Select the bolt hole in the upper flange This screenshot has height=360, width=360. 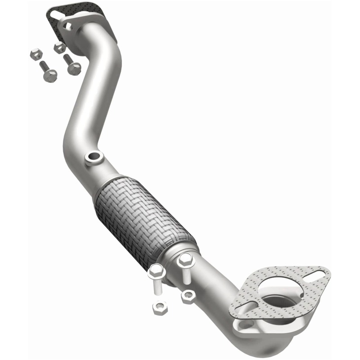pyautogui.click(x=69, y=26)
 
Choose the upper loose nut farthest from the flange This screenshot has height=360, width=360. pyautogui.click(x=35, y=54)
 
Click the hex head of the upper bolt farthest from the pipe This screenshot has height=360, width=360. pyautogui.click(x=49, y=75)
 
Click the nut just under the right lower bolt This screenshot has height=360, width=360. pyautogui.click(x=188, y=296)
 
